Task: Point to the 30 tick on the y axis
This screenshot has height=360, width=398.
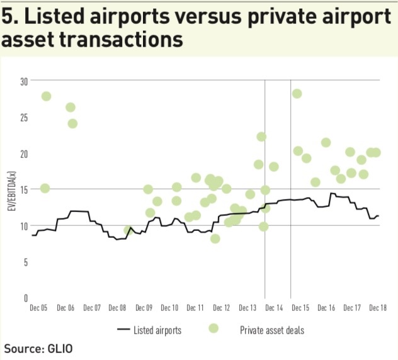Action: pos(25,81)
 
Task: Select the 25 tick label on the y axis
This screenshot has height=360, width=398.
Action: pos(25,118)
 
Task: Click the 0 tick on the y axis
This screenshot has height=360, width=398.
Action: pos(26,298)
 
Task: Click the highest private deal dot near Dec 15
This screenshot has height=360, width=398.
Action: pos(297,94)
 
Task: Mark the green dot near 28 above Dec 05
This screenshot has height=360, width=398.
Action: pos(46,96)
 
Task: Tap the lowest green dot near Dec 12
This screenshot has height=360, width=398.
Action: pos(215,239)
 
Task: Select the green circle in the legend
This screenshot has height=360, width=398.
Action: pos(213,329)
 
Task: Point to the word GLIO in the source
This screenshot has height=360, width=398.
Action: pos(65,347)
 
